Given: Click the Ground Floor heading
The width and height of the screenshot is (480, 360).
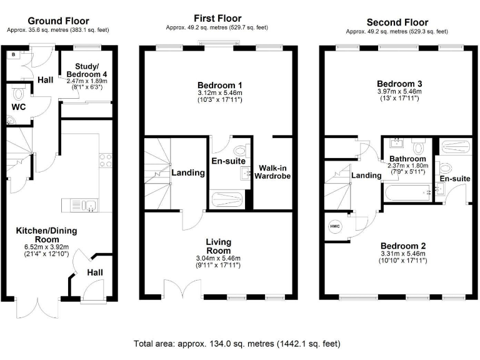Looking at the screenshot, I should pyautogui.click(x=58, y=21).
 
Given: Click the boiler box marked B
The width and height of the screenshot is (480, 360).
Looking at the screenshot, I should pyautogui.click(x=13, y=55).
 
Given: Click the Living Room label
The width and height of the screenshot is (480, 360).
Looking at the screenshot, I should pyautogui.click(x=219, y=246).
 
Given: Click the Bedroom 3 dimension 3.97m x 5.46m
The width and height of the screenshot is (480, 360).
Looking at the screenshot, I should pyautogui.click(x=399, y=92).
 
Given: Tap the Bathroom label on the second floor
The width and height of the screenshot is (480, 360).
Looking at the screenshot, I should pyautogui.click(x=408, y=159).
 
